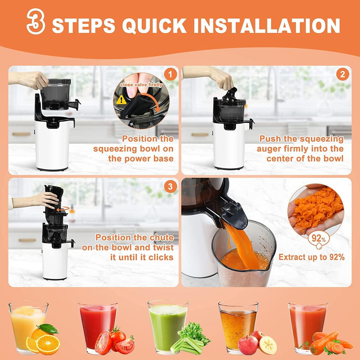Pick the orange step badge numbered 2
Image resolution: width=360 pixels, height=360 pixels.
coord(342,75)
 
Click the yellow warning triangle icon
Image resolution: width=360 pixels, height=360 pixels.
coord(121,100)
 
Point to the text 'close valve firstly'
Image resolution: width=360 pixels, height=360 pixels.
coord(141,85)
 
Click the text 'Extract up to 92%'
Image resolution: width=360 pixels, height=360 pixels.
coord(311,257)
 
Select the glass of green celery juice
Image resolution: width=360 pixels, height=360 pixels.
coord(167,326)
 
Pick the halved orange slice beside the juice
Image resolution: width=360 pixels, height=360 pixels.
coord(48,345)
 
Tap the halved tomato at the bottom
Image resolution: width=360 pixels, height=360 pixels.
coord(103,343)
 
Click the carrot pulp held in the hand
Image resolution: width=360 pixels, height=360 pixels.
coord(317,209)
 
